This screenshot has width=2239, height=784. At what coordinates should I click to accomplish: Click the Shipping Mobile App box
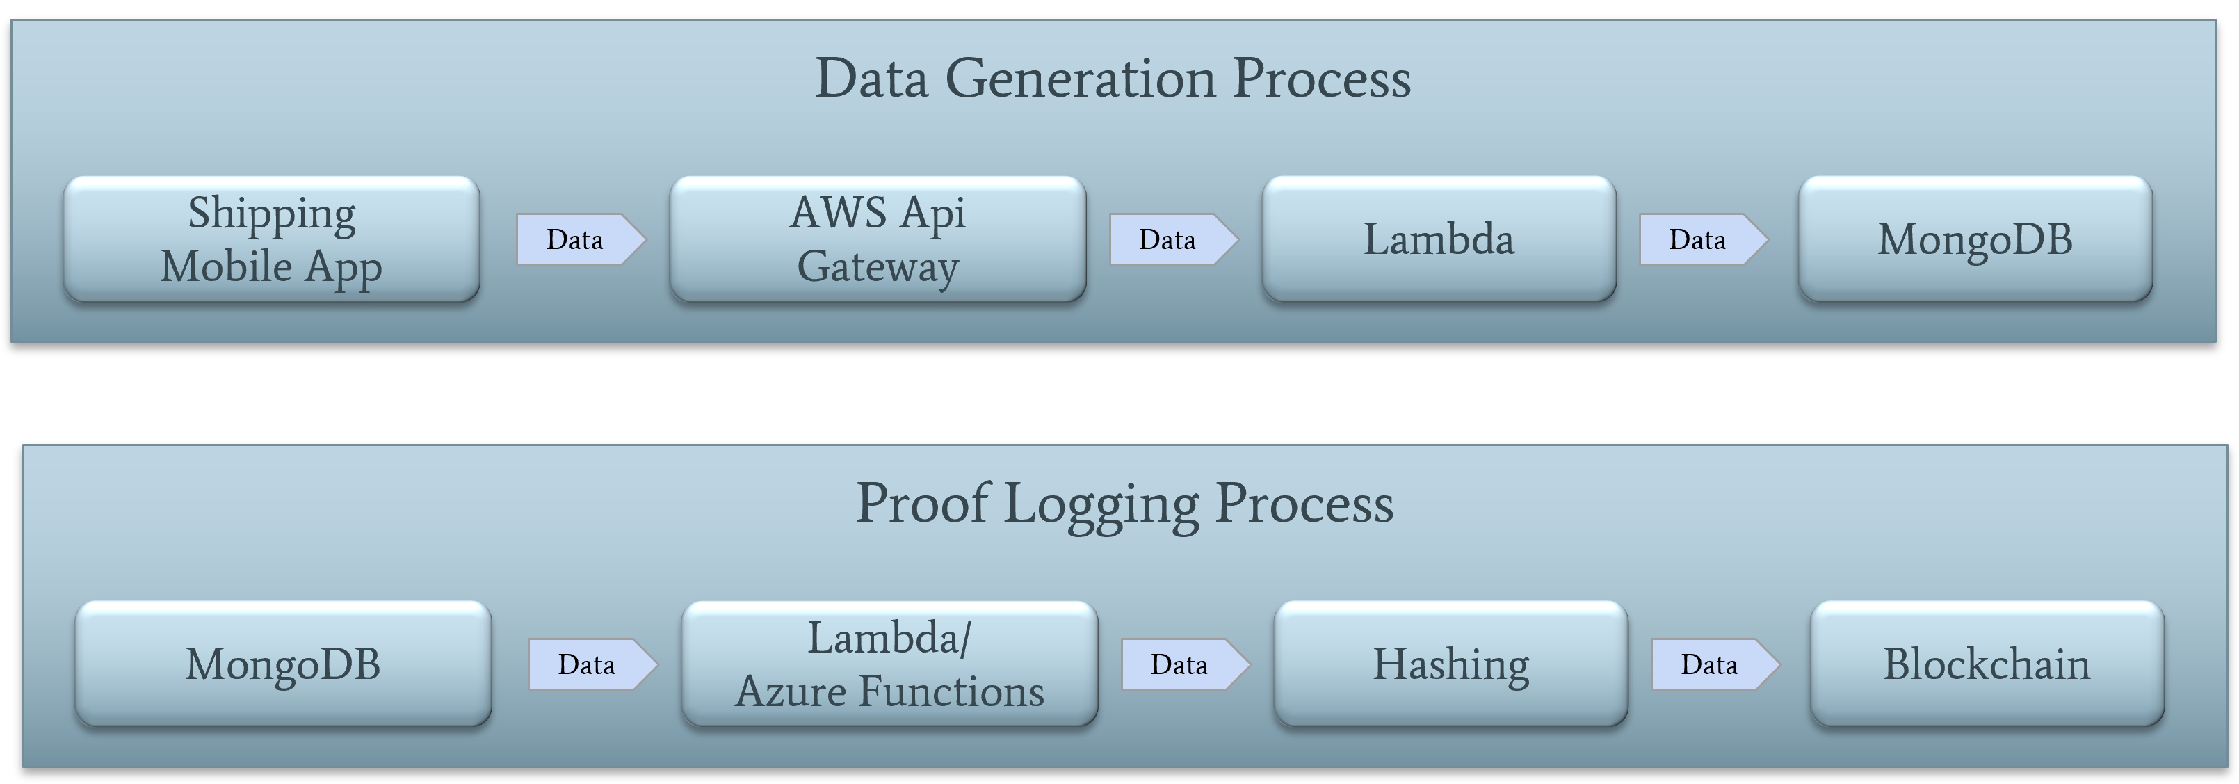[x=271, y=239]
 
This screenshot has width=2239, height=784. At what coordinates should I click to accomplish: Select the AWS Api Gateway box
[x=877, y=239]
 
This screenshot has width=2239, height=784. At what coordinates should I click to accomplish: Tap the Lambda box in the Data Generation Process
[x=1439, y=239]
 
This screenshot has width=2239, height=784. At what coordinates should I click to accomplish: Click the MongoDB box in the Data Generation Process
[x=1975, y=239]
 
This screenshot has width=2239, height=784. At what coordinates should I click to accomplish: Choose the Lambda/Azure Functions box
[x=889, y=664]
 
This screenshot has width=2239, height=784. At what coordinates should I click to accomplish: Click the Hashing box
[x=1450, y=664]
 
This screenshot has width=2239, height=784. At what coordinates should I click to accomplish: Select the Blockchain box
[x=1987, y=664]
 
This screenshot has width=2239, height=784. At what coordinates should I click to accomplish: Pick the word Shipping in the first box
[x=271, y=214]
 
